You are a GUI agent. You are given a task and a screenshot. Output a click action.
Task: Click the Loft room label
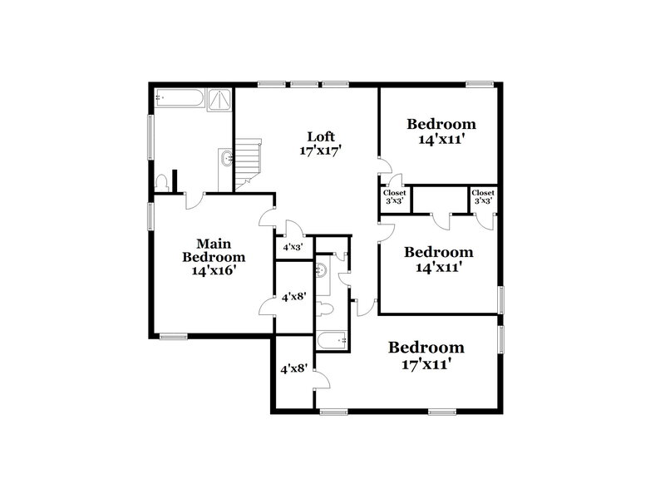click(321, 136)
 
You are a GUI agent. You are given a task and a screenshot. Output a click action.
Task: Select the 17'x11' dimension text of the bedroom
click(426, 363)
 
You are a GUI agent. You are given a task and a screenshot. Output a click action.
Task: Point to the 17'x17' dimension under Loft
click(321, 151)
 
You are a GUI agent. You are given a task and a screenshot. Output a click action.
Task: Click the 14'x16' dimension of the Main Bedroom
click(214, 270)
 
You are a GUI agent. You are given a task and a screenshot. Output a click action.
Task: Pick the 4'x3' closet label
click(292, 247)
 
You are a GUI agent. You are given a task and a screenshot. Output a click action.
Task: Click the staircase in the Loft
click(249, 163)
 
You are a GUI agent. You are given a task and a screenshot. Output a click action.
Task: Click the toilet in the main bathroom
click(163, 181)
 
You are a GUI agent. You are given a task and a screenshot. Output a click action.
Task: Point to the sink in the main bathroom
click(225, 158)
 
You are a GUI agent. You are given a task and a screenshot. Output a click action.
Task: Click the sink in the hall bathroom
click(320, 269)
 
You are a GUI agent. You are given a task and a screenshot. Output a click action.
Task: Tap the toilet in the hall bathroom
click(325, 309)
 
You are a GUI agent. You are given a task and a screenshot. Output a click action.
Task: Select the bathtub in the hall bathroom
click(331, 340)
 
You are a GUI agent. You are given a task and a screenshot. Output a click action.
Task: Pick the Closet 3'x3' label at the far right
click(483, 197)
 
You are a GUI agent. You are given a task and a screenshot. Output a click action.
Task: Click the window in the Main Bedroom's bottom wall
click(173, 336)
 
